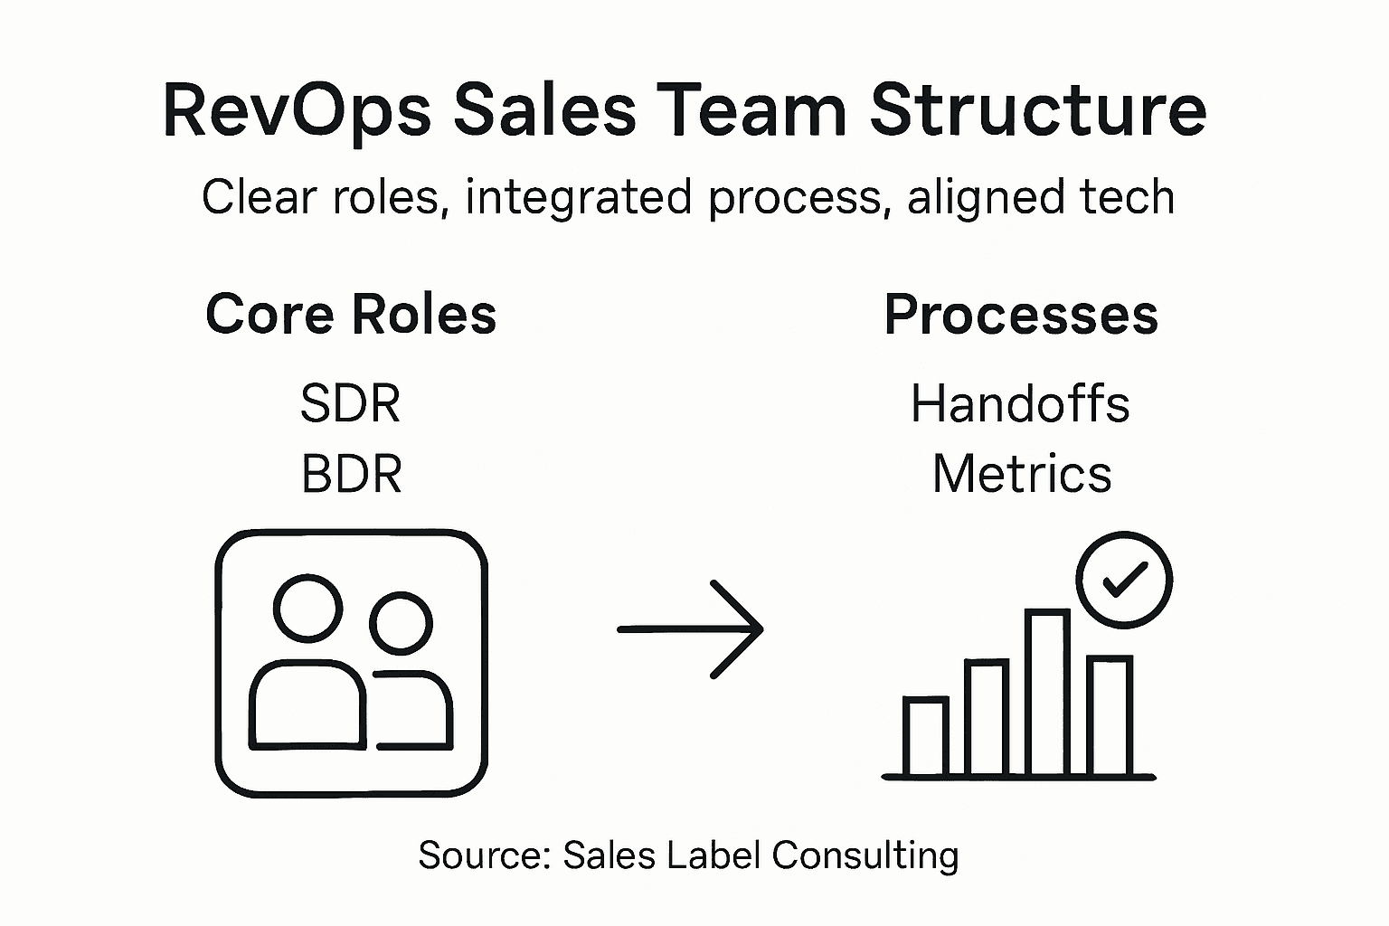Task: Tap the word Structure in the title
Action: tap(1037, 111)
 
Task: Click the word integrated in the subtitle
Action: tap(578, 197)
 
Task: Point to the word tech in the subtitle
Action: tap(1131, 197)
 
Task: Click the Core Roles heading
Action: tap(351, 315)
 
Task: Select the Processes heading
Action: tap(1021, 315)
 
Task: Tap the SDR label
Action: tap(350, 403)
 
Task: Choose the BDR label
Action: tap(351, 474)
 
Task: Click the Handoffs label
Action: tap(1020, 403)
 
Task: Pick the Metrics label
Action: tap(1022, 474)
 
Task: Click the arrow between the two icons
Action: tap(690, 628)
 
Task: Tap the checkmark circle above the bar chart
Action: tap(1124, 580)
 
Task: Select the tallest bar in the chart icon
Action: tap(1047, 692)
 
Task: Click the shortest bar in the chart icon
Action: tap(925, 736)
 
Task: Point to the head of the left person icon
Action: tap(307, 608)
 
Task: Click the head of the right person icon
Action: tap(401, 622)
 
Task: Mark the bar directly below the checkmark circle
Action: tap(1109, 714)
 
